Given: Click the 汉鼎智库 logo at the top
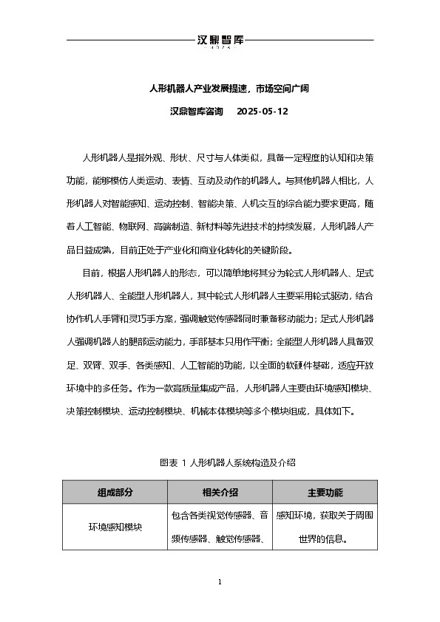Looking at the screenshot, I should point(220,41).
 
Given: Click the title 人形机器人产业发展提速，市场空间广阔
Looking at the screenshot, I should point(220,89).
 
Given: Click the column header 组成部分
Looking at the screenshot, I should point(115,493).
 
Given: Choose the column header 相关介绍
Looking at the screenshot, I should point(220,493).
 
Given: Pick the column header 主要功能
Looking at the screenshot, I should point(325,493).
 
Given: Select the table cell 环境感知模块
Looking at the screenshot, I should point(115,527).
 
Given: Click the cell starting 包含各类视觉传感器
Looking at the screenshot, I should point(220,515).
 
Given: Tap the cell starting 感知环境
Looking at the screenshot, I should point(325,515).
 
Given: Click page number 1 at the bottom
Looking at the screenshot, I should point(220,583).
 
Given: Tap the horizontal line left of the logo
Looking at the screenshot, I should point(129,39).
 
